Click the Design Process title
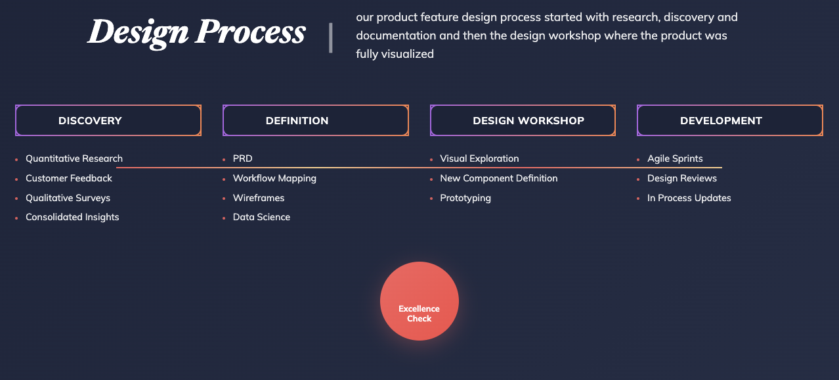coord(197,33)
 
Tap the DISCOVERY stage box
coord(108,120)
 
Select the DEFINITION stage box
coord(316,120)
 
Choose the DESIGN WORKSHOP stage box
coord(523,120)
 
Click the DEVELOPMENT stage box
coord(730,120)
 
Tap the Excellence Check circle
coord(419,301)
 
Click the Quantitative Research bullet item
coord(74,158)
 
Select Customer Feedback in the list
coord(69,178)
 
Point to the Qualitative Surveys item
coord(68,198)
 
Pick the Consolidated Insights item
coord(72,217)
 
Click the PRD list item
coord(243,158)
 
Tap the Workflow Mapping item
coord(274,179)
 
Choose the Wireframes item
coord(259,198)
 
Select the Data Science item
coord(261,217)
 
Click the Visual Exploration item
coord(479,158)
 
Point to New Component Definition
coord(499,178)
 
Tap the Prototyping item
coord(465,198)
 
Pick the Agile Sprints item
coord(675,158)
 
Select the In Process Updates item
coord(689,198)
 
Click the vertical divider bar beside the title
coord(331,38)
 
